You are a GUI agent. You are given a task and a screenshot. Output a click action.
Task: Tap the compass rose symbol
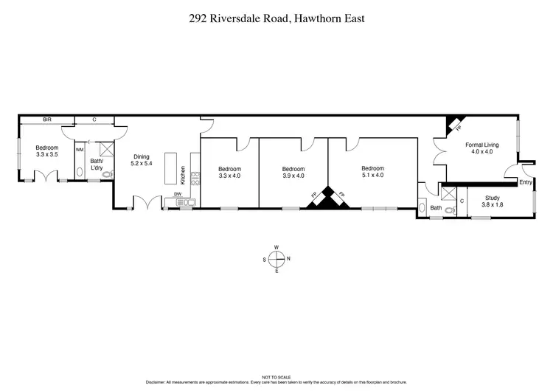point(276,258)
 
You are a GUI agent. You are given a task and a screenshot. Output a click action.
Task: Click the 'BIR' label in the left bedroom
point(46,119)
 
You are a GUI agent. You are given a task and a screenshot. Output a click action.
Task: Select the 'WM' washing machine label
point(80,150)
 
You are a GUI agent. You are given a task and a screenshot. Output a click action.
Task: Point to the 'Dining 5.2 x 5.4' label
point(142,160)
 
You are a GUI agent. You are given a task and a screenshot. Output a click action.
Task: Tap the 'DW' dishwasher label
point(177,194)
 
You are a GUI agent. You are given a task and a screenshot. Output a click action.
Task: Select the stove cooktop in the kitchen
point(195,177)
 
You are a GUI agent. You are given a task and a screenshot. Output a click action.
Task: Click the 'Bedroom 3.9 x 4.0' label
point(293,172)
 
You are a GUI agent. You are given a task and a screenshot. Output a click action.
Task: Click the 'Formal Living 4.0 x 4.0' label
point(481,148)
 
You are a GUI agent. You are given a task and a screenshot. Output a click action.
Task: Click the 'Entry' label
point(525,181)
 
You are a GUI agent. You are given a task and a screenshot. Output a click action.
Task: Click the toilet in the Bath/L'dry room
point(108,174)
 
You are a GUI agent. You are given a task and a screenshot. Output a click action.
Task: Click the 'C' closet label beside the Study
point(462,200)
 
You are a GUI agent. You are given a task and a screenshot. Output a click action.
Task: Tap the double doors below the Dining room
point(145,201)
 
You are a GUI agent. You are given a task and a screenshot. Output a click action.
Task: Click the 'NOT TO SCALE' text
point(276,377)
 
